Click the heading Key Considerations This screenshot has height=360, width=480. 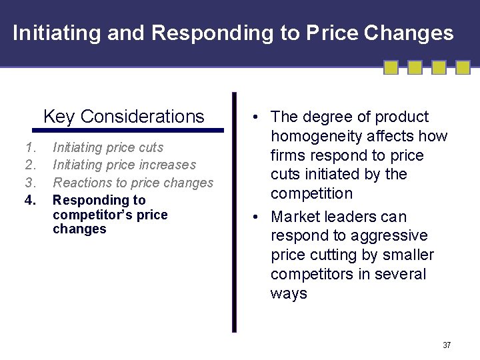pos(123,117)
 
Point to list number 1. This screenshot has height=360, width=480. pos(29,147)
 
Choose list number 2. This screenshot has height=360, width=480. pos(29,165)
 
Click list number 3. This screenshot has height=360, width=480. pos(29,183)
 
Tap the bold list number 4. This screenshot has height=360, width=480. pos(29,200)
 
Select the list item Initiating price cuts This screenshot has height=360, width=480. pos(108,147)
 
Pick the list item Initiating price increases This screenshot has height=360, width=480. pos(124,165)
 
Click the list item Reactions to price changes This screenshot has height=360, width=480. pos(133,183)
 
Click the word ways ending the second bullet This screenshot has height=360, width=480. pos(289,293)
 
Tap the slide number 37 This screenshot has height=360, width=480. pos(447,345)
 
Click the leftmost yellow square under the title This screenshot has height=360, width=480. pos(391,67)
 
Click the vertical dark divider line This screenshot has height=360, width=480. pos(234,212)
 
